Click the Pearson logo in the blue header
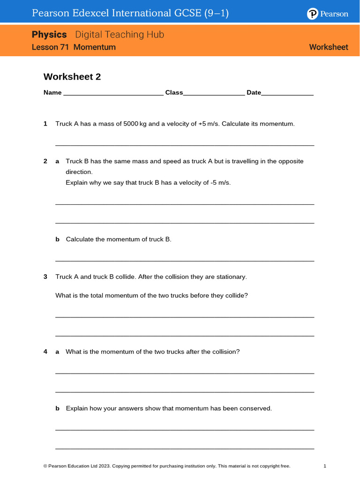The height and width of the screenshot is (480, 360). [328, 14]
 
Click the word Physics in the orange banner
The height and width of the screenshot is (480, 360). [49, 35]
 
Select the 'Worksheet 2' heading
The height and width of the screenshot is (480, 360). [72, 77]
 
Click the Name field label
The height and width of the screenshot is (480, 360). [52, 93]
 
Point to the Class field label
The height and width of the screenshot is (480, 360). [174, 93]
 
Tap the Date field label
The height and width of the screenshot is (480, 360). [254, 93]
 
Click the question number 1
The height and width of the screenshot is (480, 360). [45, 124]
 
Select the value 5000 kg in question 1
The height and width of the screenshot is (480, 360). [135, 124]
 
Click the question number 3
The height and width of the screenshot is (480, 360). [45, 277]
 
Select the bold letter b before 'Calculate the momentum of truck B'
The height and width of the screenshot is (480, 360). [58, 240]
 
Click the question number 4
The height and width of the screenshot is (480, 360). [45, 352]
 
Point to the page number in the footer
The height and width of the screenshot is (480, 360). [325, 466]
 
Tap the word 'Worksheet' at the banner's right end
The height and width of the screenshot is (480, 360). [329, 47]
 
